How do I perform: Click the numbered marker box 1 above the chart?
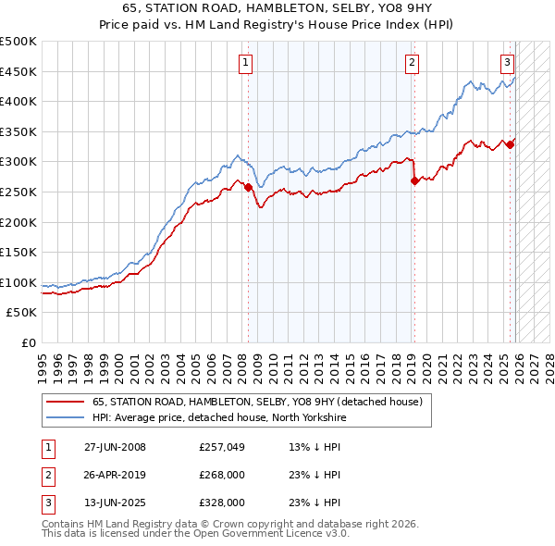click(246, 63)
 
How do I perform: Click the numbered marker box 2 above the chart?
click(411, 63)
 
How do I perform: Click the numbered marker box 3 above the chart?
click(508, 63)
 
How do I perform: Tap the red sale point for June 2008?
click(248, 187)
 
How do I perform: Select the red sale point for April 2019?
click(414, 181)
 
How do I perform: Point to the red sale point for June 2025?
click(511, 144)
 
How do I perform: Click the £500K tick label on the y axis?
click(18, 42)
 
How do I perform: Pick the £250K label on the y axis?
click(18, 192)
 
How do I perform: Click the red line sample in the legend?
click(65, 402)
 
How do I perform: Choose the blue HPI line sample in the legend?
click(65, 417)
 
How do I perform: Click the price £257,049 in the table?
click(221, 447)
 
